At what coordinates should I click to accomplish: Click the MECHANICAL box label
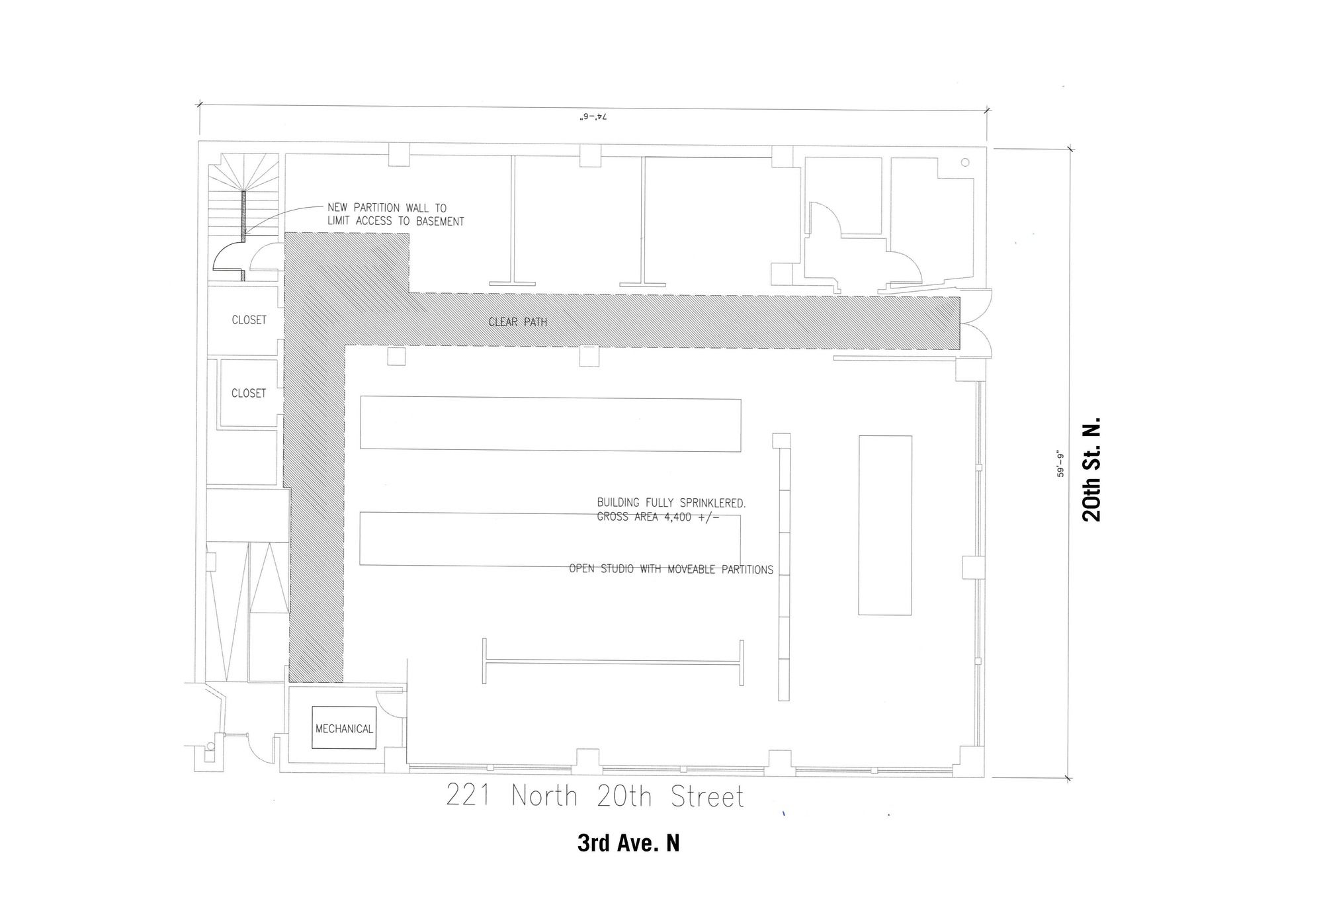[x=344, y=728]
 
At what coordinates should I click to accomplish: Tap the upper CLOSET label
[x=249, y=320]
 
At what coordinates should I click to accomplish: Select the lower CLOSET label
[x=249, y=393]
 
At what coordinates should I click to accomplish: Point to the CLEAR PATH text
[x=518, y=322]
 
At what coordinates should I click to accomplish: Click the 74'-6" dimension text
[x=593, y=116]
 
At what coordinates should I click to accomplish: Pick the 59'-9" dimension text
[x=1062, y=464]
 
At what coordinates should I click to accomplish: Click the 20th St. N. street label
[x=1091, y=469]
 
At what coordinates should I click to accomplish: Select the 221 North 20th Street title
[x=595, y=796]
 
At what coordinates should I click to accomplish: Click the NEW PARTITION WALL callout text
[x=396, y=214]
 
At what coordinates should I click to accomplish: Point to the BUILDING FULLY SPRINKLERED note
[x=671, y=503]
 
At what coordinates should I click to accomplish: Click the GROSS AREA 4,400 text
[x=658, y=517]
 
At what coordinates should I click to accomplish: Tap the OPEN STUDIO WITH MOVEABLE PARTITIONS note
[x=671, y=569]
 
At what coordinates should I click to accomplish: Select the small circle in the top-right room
[x=965, y=163]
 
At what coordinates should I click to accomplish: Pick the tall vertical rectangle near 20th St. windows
[x=885, y=525]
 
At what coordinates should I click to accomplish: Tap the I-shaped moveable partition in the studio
[x=613, y=662]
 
